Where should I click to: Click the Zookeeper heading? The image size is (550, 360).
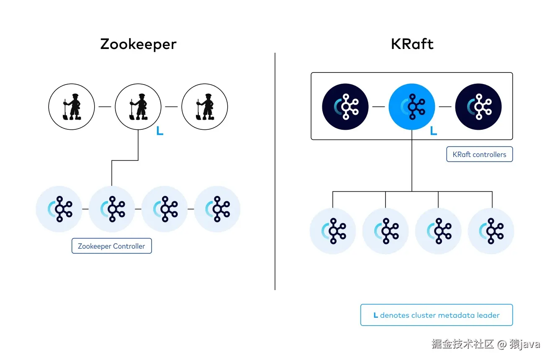(138, 44)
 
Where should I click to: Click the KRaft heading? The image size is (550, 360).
(412, 44)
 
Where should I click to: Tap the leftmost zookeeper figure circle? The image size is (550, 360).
(72, 106)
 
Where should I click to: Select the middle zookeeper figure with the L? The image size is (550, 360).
(138, 106)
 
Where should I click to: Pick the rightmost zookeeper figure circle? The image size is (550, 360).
(204, 106)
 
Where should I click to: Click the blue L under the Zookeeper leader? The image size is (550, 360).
(159, 131)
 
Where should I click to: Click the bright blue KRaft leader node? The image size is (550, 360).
(412, 106)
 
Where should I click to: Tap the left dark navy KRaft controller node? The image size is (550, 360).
(345, 106)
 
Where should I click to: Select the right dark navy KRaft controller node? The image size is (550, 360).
(478, 106)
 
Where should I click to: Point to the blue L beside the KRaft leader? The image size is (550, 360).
(434, 131)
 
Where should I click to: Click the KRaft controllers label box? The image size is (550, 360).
(479, 154)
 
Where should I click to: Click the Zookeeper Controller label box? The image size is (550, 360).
(111, 246)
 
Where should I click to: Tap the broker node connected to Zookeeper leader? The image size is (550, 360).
(112, 209)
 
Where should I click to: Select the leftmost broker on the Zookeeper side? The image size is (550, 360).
(59, 209)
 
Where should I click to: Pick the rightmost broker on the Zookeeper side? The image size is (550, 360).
(217, 209)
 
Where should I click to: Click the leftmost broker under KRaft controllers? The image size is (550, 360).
(333, 231)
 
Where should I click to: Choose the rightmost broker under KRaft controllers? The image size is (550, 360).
(491, 231)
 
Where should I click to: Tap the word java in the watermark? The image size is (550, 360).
(530, 345)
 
